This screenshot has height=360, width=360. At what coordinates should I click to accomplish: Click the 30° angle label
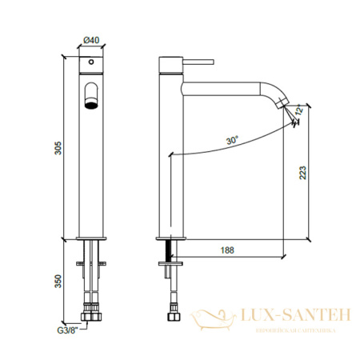point(232,140)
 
